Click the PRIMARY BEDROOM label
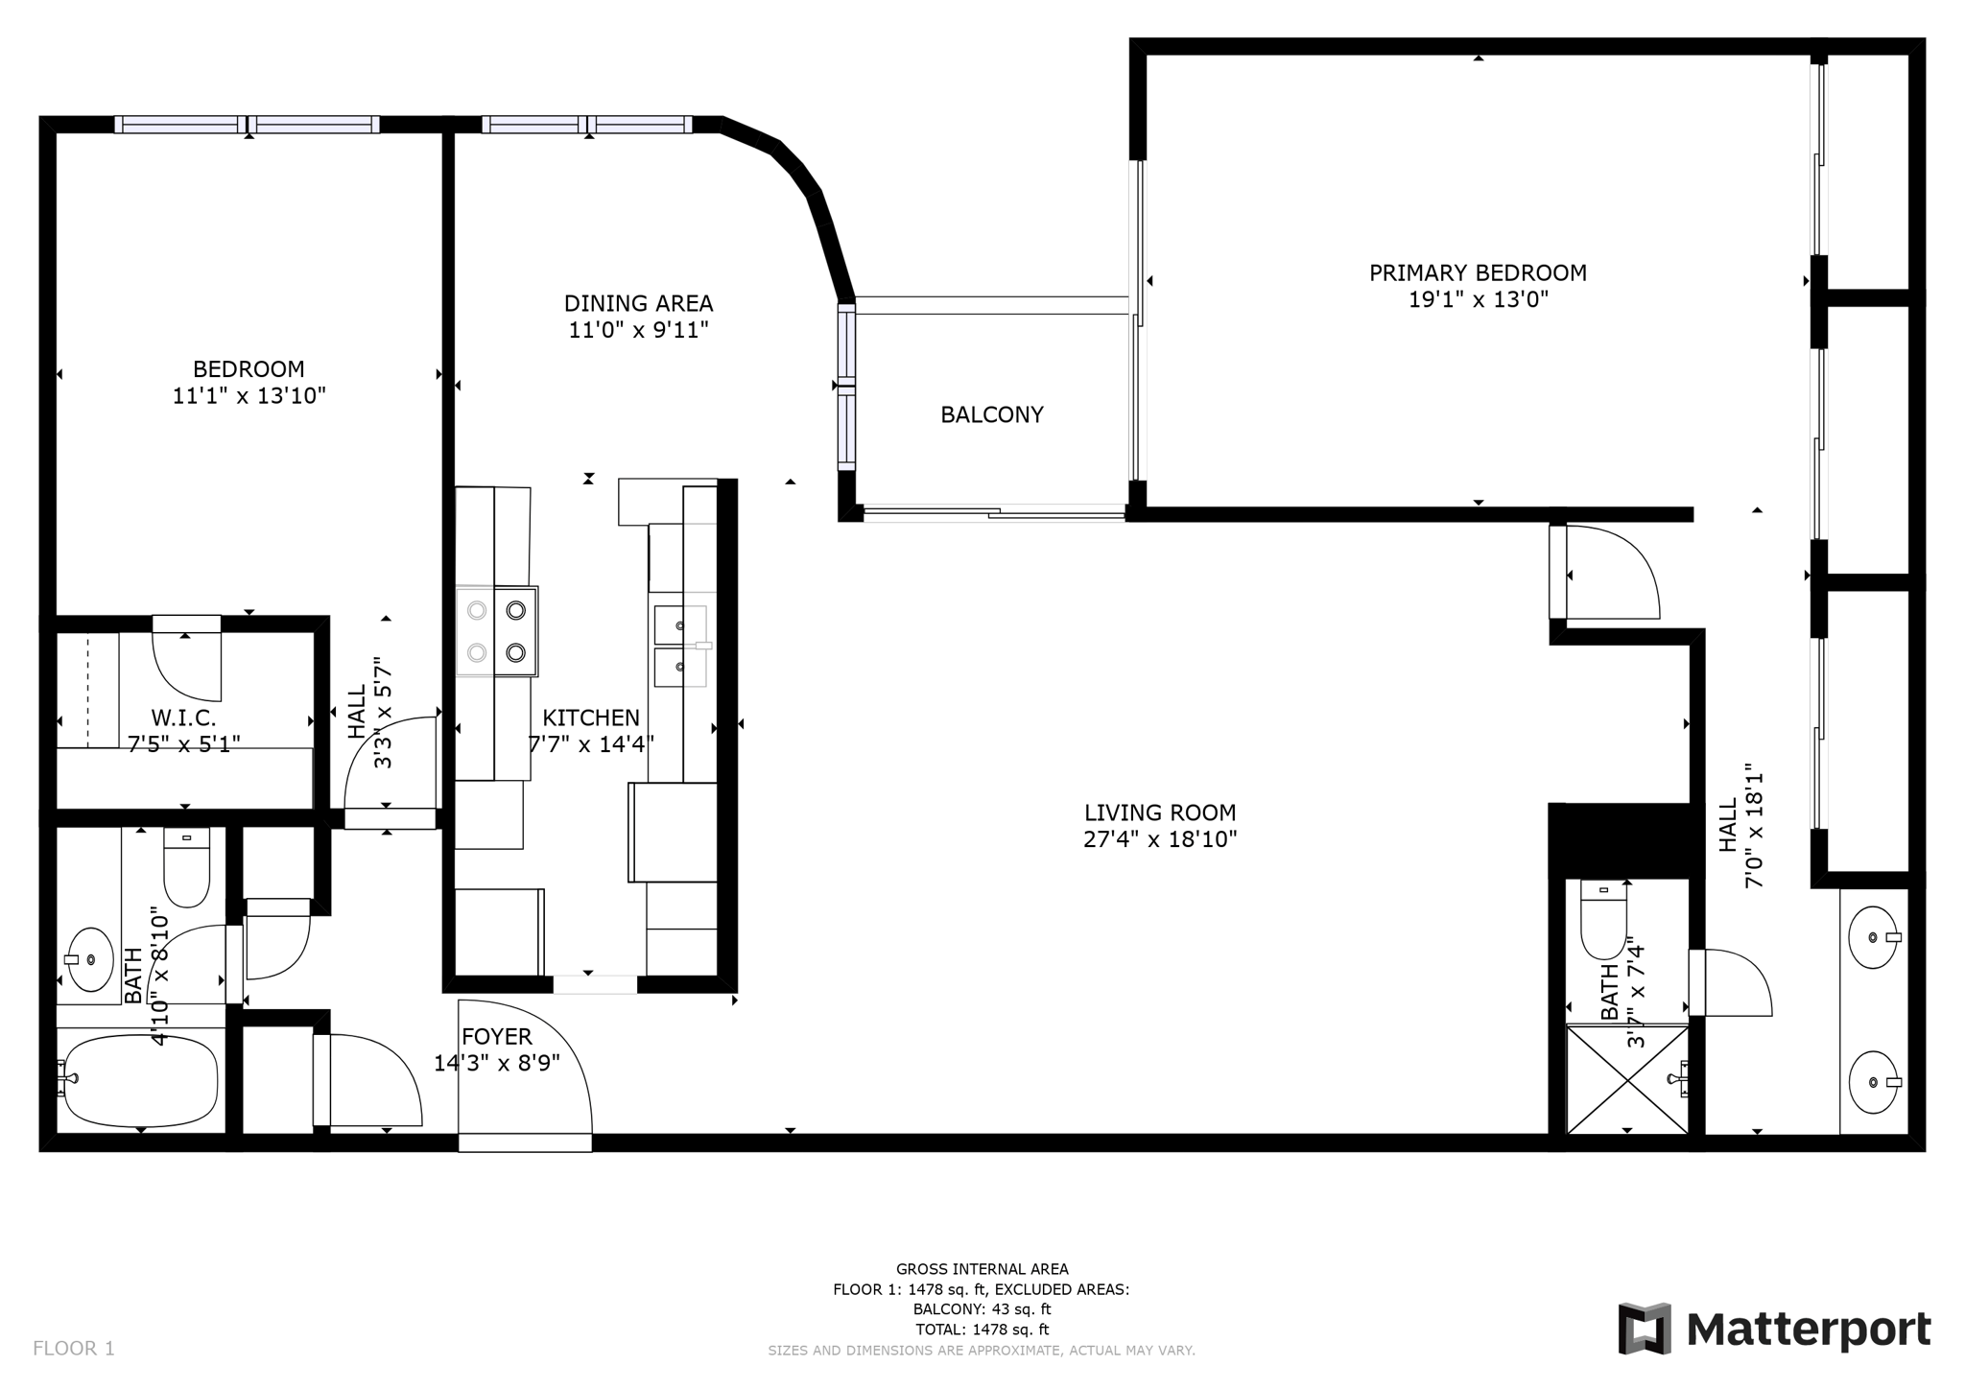click(1478, 273)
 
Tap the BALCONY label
click(992, 414)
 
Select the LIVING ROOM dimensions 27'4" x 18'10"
click(1160, 839)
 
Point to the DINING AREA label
click(638, 304)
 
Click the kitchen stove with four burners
click(497, 630)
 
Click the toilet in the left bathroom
click(187, 867)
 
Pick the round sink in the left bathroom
click(89, 959)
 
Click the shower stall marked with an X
click(1627, 1080)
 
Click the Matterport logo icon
click(1645, 1329)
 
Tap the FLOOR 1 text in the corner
click(74, 1349)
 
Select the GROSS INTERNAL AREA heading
click(982, 1269)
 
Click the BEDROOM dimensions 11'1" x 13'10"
click(249, 396)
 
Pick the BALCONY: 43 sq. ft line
click(982, 1309)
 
